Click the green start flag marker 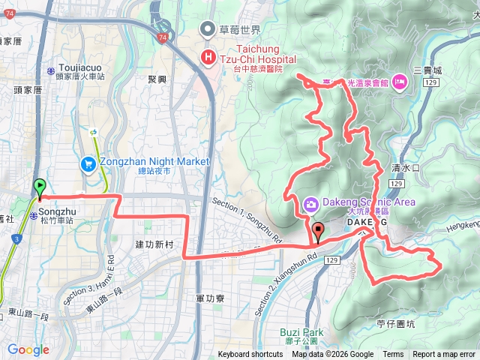40,187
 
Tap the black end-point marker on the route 317,232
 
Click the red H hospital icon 207,58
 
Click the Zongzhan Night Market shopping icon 88,162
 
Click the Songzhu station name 56,211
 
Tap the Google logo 28,349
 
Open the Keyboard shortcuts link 250,355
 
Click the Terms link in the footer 393,355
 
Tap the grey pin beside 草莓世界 207,30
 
